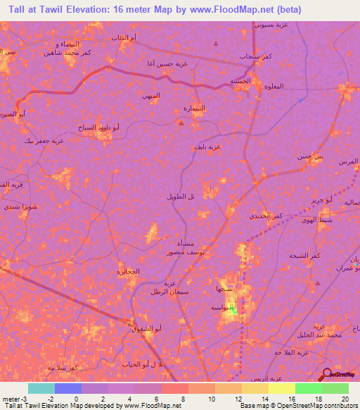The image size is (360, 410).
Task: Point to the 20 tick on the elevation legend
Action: (x=345, y=399)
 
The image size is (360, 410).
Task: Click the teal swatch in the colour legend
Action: (x=41, y=388)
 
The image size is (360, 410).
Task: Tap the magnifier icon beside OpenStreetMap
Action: (x=327, y=375)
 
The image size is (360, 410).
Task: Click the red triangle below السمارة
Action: (x=181, y=123)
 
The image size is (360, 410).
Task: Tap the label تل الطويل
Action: (x=180, y=197)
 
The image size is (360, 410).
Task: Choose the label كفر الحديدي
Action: (x=266, y=216)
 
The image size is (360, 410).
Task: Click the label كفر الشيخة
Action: (x=302, y=256)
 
